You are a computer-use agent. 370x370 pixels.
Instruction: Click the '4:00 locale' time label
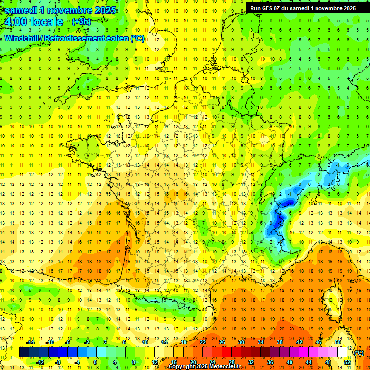[33, 22]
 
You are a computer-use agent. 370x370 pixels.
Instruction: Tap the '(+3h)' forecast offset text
[80, 22]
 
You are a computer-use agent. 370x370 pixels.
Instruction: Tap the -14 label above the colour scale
[30, 342]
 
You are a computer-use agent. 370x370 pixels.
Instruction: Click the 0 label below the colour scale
[95, 362]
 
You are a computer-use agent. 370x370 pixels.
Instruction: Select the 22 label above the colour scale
[203, 342]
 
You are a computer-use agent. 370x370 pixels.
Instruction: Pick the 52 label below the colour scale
[347, 362]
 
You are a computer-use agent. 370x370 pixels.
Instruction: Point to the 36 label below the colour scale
[270, 362]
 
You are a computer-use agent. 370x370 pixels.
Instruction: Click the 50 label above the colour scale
[337, 342]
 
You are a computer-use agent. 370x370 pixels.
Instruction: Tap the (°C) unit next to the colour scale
[359, 352]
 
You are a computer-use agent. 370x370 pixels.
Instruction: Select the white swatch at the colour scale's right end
[342, 352]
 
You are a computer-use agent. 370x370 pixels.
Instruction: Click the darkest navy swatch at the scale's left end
[24, 352]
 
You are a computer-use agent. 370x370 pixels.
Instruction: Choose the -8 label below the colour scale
[58, 362]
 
